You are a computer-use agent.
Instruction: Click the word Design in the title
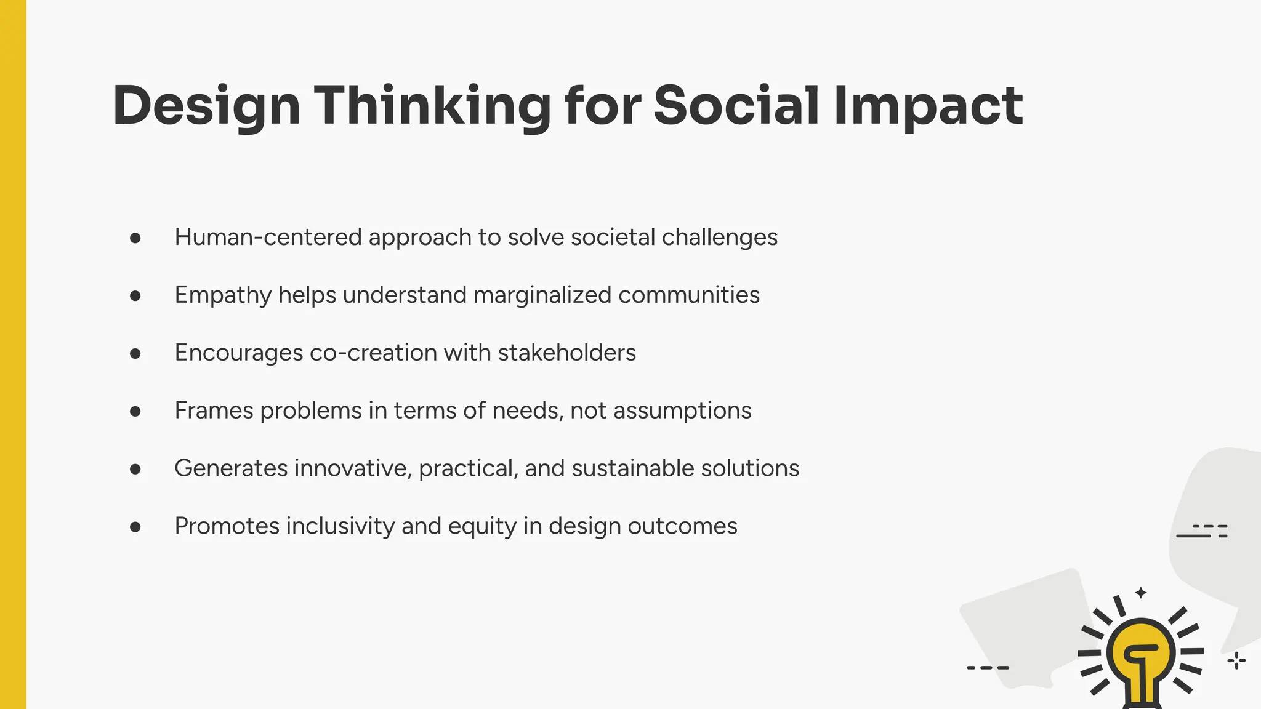pos(206,106)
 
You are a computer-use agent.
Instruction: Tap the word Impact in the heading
pos(928,106)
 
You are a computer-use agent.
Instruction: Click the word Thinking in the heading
pos(432,106)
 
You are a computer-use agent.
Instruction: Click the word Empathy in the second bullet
pos(223,295)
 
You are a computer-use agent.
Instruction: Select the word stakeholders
pos(566,353)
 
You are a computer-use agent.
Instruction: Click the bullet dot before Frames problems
pos(135,411)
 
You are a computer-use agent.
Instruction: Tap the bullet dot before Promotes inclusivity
pos(135,527)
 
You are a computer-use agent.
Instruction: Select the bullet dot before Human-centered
pos(135,238)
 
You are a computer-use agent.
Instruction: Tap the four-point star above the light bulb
pos(1141,593)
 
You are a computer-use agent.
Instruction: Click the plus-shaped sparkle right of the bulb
pos(1236,661)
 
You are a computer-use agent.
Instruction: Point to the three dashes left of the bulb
pos(988,667)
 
